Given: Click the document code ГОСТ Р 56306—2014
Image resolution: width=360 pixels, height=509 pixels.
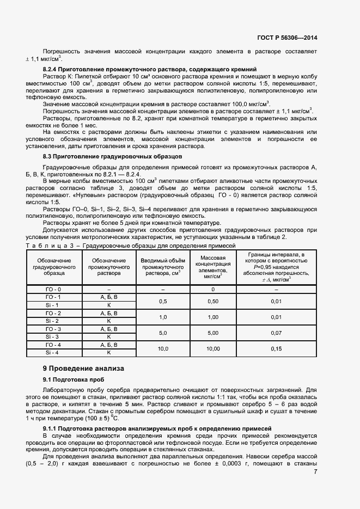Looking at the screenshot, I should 287,38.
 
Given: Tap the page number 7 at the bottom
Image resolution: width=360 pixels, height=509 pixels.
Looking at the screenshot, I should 315,471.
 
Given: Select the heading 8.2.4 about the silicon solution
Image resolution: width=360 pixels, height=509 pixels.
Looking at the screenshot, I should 150,70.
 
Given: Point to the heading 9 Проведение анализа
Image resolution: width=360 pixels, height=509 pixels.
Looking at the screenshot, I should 83,368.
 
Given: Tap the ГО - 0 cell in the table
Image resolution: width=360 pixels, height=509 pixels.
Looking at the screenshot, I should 53,289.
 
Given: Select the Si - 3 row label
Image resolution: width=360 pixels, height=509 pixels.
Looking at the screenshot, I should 53,337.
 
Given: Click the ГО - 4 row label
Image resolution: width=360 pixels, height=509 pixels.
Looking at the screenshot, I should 53,345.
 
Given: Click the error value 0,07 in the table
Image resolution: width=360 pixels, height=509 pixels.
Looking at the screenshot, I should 276,333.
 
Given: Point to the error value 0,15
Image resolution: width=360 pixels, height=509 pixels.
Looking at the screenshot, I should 276,348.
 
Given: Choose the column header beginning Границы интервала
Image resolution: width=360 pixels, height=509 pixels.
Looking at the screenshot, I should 276,267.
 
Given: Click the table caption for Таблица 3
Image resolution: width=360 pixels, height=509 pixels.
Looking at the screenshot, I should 131,246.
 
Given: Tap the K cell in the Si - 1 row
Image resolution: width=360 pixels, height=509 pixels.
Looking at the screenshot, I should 109,305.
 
